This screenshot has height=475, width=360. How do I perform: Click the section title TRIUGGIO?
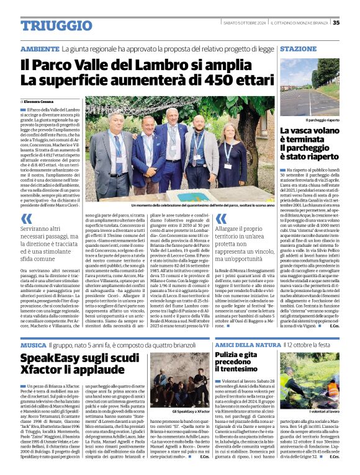48,25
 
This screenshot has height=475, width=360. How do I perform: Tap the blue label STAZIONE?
298,48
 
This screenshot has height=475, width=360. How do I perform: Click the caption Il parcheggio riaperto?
308,118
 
